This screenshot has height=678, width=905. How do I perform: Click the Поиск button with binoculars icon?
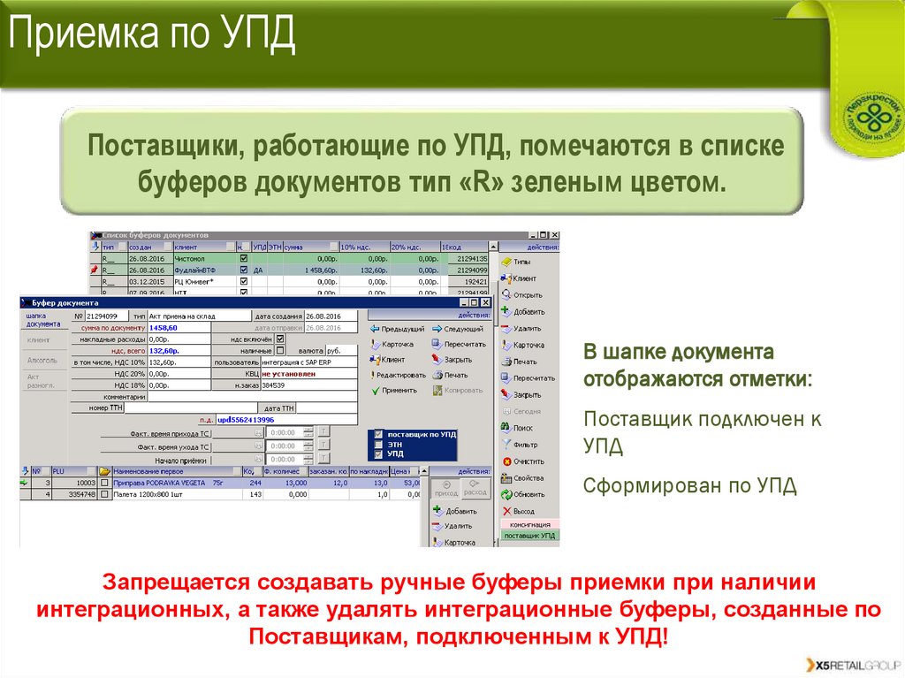pos(521,428)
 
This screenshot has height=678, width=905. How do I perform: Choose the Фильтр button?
pos(523,445)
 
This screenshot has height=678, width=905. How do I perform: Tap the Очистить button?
pos(527,461)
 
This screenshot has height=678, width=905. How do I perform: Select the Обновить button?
pos(528,494)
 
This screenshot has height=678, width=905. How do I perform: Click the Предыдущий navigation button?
pos(402,329)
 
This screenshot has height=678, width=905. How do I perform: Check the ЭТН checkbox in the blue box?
pos(379,445)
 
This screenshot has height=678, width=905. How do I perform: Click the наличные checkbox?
pos(281,351)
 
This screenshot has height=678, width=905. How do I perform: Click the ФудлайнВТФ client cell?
pos(203,270)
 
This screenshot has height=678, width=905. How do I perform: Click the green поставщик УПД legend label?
pos(529,536)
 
